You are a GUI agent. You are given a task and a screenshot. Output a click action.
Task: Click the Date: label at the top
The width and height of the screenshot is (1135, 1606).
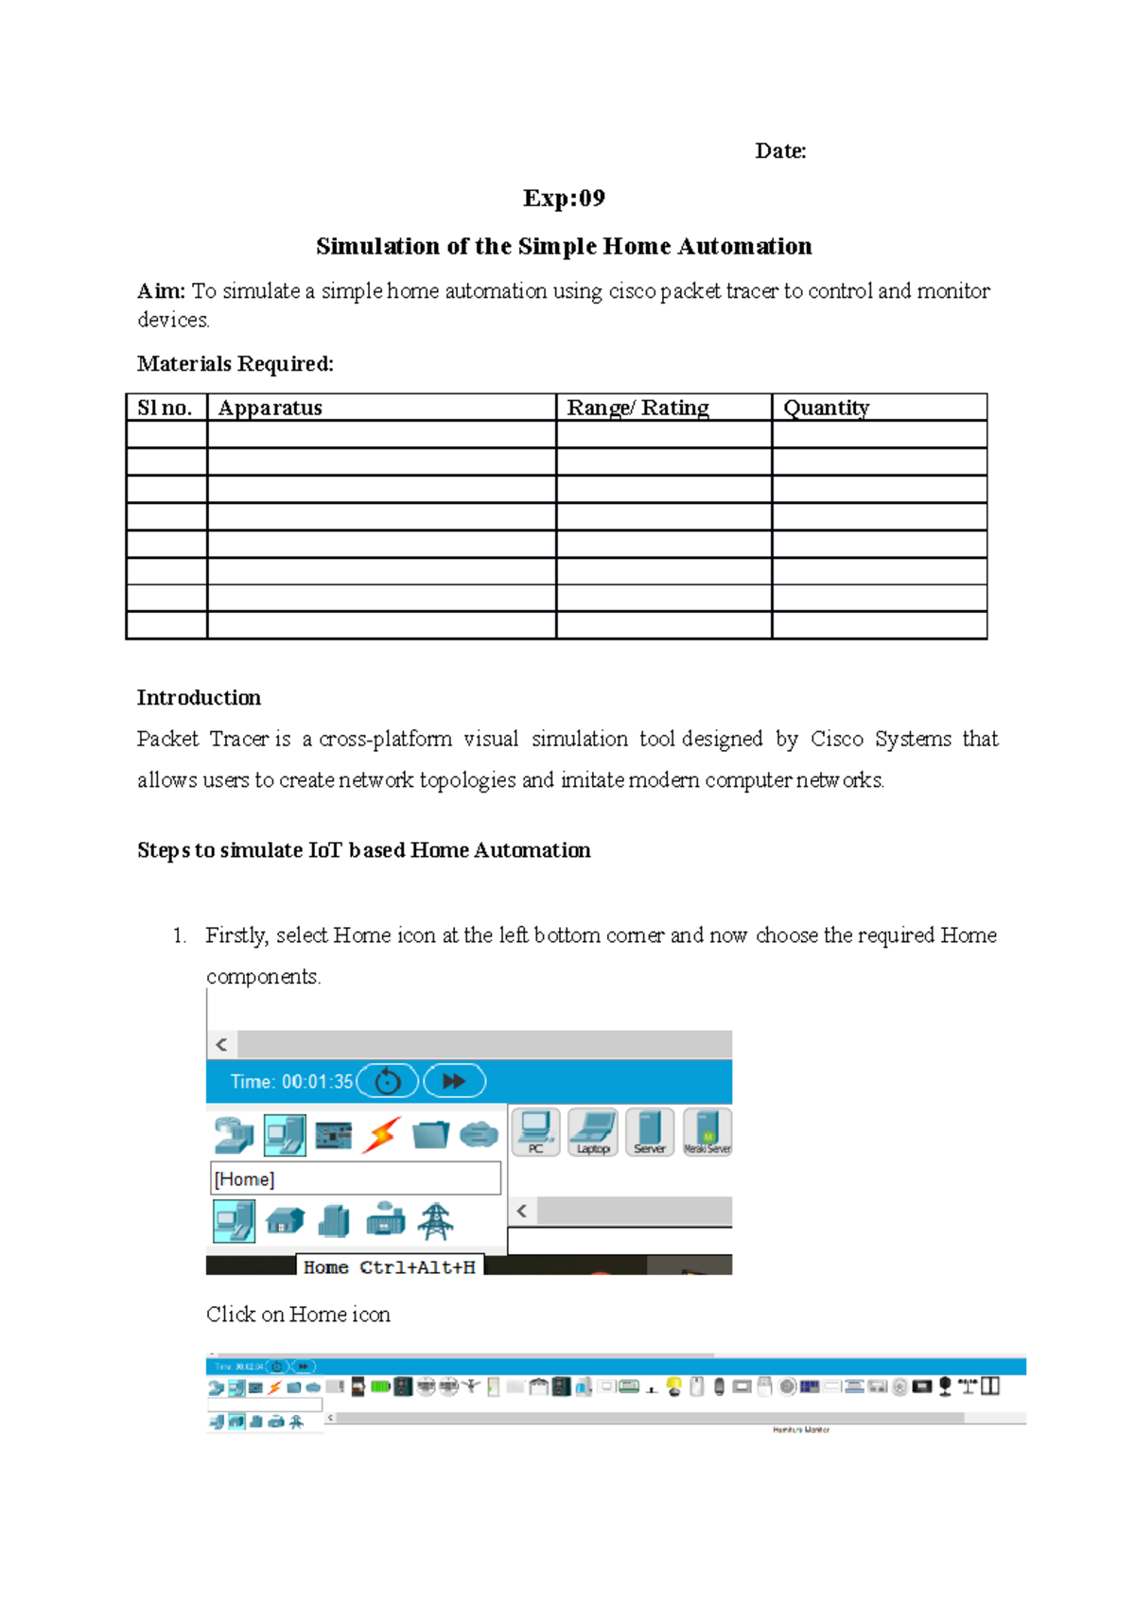coord(780,151)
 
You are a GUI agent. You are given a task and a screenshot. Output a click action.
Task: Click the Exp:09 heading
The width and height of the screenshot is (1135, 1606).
coord(564,199)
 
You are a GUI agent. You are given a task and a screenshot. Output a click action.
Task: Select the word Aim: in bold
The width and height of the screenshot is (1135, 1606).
coord(161,291)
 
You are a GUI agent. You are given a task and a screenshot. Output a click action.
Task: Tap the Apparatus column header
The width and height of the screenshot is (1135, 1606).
coord(271,408)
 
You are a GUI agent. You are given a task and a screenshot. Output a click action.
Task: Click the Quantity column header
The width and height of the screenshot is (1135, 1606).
coord(826,408)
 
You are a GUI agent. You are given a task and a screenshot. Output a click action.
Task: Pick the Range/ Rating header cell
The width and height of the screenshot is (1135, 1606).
coord(637,408)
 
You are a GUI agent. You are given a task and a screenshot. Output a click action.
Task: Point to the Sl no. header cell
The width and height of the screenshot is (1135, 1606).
coord(165,408)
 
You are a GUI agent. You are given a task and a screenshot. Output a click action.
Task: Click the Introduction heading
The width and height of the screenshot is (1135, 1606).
coord(199,698)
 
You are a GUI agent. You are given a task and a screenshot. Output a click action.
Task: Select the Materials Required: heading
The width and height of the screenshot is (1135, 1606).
coord(235,364)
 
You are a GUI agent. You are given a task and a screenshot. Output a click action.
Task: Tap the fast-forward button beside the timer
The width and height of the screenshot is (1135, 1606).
coord(454,1081)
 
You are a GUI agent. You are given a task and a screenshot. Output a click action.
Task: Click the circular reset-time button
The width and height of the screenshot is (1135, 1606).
coord(388,1081)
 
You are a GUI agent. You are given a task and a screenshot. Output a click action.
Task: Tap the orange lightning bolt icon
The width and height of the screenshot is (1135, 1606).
coord(381,1134)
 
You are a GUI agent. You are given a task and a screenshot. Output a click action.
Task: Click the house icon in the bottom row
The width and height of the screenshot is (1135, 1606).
coord(285,1221)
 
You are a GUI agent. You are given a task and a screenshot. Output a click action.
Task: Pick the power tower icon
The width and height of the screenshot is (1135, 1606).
coord(435,1221)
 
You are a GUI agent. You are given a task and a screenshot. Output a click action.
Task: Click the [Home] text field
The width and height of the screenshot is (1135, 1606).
coord(355,1179)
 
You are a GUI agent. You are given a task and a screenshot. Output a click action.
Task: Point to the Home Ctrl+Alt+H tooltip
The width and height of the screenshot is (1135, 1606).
coord(389,1267)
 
